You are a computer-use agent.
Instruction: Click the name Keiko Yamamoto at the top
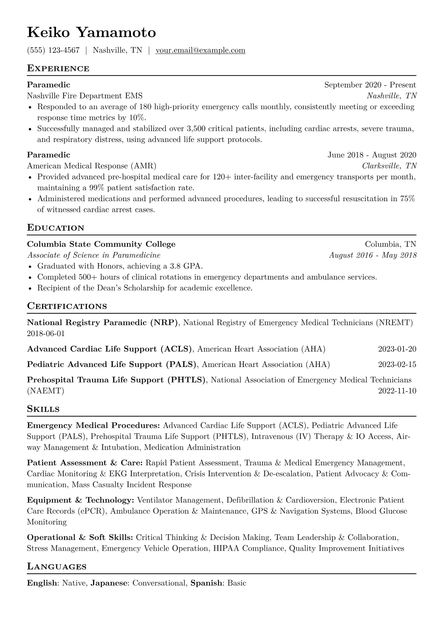[92, 33]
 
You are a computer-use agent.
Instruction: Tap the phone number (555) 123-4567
[53, 50]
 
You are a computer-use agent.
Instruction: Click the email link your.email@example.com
[200, 50]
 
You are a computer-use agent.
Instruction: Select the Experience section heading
[58, 69]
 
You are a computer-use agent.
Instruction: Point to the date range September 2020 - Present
[370, 85]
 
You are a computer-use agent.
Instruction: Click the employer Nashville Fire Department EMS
[85, 96]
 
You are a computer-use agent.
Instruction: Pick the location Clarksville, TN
[389, 166]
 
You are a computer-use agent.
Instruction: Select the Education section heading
[56, 228]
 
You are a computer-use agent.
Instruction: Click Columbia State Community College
[101, 244]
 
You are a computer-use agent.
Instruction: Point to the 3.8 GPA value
[186, 266]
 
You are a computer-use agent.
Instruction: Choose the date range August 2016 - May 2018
[373, 255]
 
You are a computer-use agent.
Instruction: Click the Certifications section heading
[67, 306]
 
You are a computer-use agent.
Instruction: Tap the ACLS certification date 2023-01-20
[397, 349]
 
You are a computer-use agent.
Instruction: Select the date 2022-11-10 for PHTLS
[397, 391]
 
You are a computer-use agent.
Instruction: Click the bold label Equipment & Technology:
[80, 500]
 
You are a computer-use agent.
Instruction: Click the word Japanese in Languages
[109, 583]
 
